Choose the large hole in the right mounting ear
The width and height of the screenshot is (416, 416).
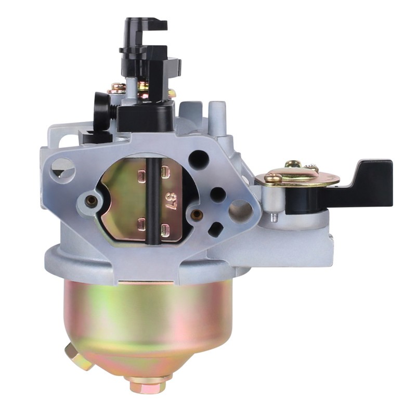click(240, 211)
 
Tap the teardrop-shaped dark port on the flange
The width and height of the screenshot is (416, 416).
click(215, 229)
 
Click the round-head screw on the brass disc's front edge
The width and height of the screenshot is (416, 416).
click(274, 178)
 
